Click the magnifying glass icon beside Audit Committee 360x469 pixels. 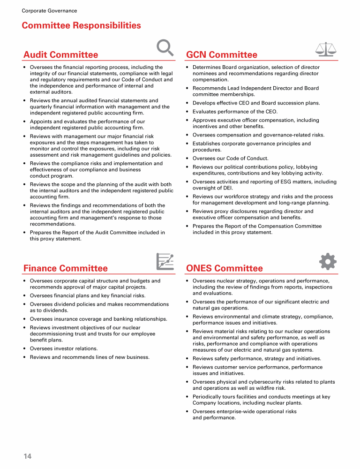[165, 47]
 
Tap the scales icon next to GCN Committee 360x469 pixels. [327, 50]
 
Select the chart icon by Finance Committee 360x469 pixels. [165, 262]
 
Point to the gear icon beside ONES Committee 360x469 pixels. [327, 262]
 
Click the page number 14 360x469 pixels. [28, 456]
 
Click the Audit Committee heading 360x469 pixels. [61, 55]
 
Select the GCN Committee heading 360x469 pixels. [222, 55]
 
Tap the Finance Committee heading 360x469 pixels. [66, 268]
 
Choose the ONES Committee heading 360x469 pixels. [225, 268]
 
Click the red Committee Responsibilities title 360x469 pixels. [81, 25]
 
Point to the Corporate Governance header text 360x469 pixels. [49, 11]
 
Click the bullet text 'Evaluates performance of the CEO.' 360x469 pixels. [235, 112]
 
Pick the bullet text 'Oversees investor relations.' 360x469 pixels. [64, 348]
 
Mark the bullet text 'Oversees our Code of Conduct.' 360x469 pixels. [231, 159]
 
